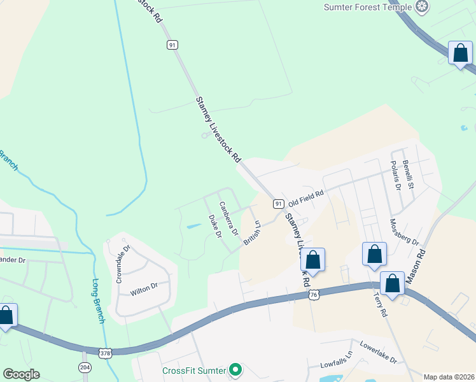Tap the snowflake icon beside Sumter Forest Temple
pos(421,8)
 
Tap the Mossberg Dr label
pos(404,232)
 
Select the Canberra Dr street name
pos(228,218)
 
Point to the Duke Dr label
pos(214,226)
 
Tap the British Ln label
pos(252,232)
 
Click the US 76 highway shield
pos(313,295)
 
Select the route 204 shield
pos(85,367)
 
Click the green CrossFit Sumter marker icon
pos(235,369)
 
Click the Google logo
pos(21,374)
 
